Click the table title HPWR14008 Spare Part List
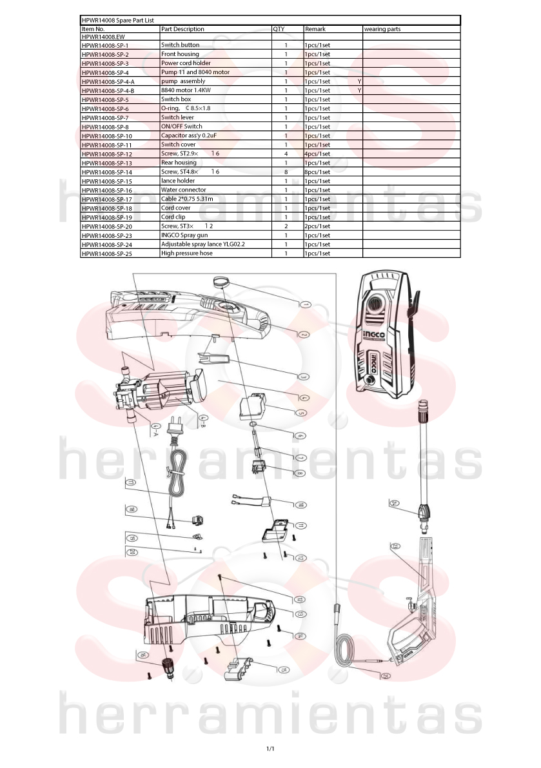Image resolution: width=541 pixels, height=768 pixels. pos(117,21)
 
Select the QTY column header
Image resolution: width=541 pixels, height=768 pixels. pos(279,30)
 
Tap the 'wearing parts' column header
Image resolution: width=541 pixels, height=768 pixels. pos(382,30)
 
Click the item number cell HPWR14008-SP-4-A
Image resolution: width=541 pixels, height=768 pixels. pos(108,82)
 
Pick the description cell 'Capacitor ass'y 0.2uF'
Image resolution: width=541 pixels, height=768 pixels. pos(189,135)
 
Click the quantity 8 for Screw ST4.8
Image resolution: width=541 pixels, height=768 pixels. pos(286,172)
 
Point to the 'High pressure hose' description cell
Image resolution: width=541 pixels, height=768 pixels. pos(187,253)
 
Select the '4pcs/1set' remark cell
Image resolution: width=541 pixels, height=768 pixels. pos(317,154)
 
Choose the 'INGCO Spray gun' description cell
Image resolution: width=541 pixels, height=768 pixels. pos(184,235)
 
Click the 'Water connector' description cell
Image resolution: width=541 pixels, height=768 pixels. pos(184,190)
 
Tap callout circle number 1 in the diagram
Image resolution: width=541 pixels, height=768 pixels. pos(305,304)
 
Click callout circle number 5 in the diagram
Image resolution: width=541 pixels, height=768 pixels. pos(301,413)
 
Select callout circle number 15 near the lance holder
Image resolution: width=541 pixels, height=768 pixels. pos(284,669)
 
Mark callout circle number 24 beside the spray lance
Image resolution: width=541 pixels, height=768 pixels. pos(394,503)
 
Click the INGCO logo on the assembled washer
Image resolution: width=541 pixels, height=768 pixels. pos(374,337)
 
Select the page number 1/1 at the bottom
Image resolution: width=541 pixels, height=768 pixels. pos(270,749)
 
